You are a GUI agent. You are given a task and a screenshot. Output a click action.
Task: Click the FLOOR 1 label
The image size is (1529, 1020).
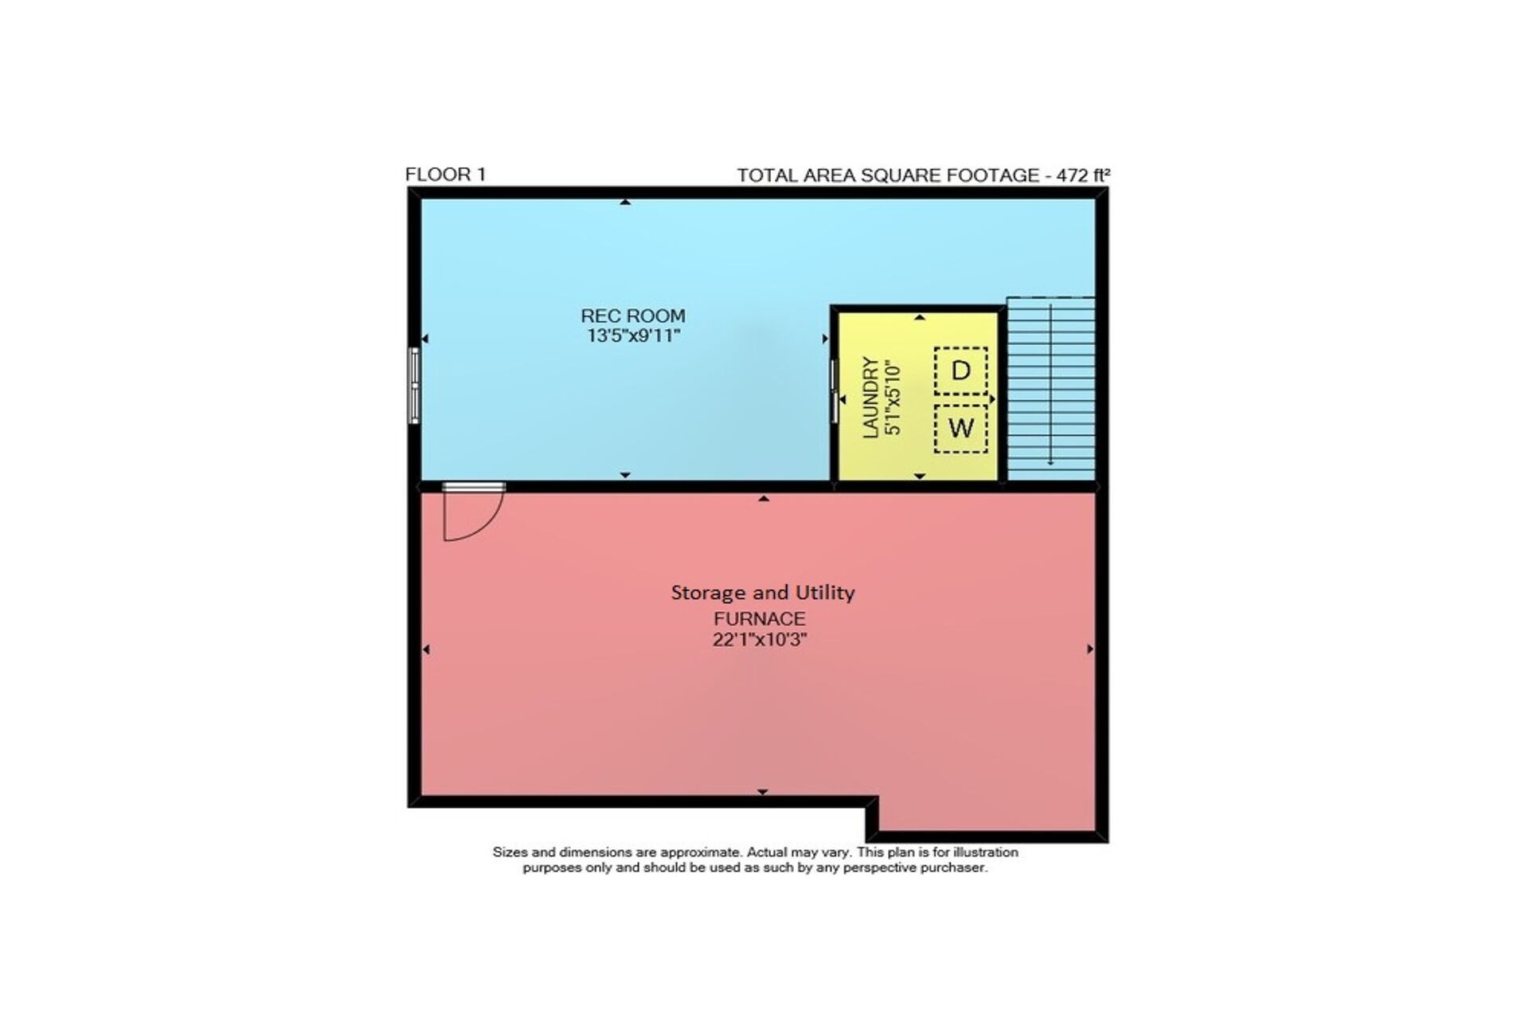tap(445, 175)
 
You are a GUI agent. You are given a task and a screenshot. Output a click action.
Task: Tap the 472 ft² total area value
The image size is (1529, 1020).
tap(1083, 175)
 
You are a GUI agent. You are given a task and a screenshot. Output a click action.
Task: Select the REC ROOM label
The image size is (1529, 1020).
tap(633, 316)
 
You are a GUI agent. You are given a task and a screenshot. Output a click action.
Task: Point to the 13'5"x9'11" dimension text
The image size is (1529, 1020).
tap(633, 335)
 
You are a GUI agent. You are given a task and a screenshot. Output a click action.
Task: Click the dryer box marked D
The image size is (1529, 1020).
tap(961, 371)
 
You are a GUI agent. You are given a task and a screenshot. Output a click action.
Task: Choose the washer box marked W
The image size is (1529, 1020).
tap(961, 429)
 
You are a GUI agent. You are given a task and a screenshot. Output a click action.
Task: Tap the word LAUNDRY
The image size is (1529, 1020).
tap(871, 397)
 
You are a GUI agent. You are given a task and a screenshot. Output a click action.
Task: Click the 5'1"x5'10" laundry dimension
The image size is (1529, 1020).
tap(893, 397)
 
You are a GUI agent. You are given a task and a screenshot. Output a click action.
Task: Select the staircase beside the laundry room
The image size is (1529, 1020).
tap(1051, 389)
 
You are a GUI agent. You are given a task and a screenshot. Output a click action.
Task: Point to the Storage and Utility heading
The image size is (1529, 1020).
tap(763, 592)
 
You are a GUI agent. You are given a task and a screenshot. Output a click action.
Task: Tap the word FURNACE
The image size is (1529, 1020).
tap(759, 618)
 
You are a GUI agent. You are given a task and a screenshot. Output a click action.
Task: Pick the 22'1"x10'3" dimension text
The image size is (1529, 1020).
tap(760, 639)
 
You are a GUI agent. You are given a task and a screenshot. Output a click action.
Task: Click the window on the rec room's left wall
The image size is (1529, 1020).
tap(414, 385)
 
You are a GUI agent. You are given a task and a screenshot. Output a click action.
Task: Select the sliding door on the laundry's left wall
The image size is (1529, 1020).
tap(835, 390)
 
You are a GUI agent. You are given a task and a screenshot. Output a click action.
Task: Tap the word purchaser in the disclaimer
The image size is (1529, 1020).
tap(954, 868)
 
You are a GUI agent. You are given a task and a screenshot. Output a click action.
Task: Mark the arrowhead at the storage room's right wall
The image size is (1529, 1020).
tap(1090, 649)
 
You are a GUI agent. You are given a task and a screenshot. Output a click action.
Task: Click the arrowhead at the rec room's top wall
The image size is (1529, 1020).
tap(626, 202)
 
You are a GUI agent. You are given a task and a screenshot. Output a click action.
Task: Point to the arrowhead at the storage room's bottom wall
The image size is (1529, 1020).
tap(763, 792)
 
